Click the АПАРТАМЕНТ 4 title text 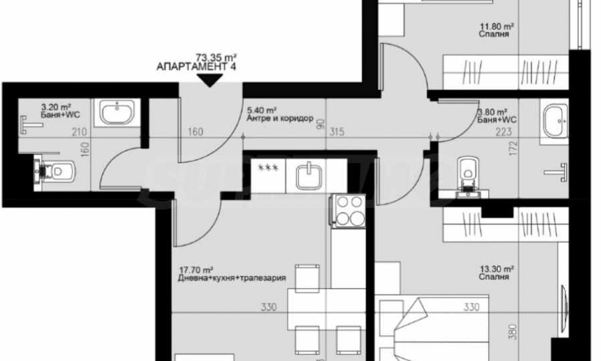click(196, 66)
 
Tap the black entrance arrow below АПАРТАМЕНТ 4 click(209, 80)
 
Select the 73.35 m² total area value click(216, 57)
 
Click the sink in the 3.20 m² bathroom click(117, 112)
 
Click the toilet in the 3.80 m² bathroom click(468, 176)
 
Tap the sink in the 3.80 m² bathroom click(556, 122)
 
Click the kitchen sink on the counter click(309, 175)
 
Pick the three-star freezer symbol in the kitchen click(268, 168)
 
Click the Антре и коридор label click(280, 118)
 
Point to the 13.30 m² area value click(497, 269)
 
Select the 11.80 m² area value click(497, 27)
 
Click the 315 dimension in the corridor click(337, 132)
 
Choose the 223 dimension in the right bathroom click(504, 132)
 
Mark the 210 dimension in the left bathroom click(79, 132)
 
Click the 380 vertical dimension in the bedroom click(514, 332)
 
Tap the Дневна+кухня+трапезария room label click(232, 278)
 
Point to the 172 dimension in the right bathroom click(514, 148)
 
